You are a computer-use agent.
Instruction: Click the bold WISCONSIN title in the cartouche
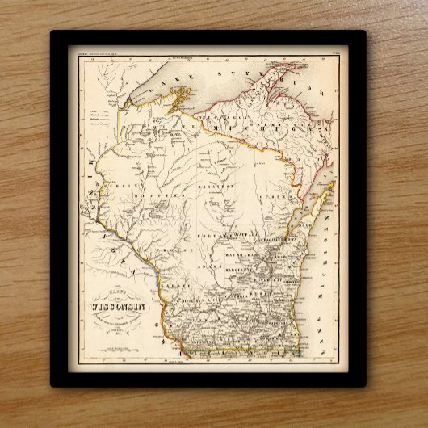click(110, 306)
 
